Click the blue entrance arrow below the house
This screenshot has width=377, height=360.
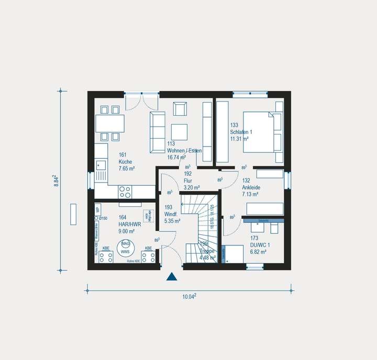coord(172,277)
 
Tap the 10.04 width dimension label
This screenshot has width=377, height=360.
coord(188,297)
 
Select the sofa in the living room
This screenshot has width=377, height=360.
coord(157,131)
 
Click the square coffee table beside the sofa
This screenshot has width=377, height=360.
coord(180,131)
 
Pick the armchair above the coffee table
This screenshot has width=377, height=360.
coord(179,109)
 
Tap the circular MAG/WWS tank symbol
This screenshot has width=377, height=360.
coord(126,248)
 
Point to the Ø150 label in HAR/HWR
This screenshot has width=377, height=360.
coord(104,218)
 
